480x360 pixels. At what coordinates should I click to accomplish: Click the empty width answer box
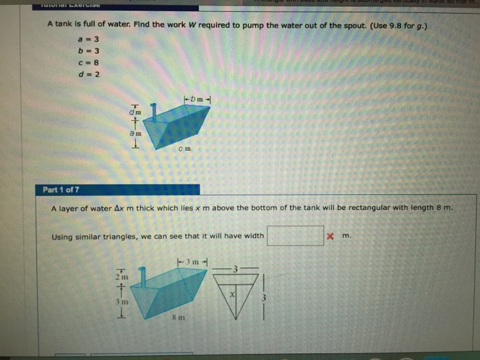[x=296, y=236]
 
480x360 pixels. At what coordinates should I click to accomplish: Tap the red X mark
[x=331, y=237]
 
